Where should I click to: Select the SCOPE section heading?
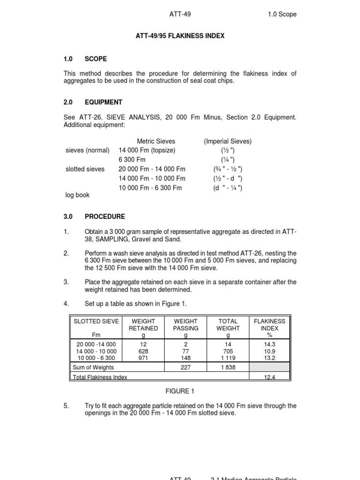(x=96, y=59)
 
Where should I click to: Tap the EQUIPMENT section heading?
(x=103, y=102)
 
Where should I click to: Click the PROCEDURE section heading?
(x=105, y=217)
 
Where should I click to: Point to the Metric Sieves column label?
(x=156, y=141)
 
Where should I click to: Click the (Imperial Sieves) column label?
(x=228, y=141)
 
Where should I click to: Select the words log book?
(x=77, y=195)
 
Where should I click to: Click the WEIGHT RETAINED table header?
(x=143, y=325)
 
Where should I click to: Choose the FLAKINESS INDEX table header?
(x=269, y=325)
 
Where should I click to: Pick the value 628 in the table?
(x=143, y=351)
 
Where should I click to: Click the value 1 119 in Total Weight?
(x=228, y=358)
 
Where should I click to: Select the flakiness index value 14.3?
(x=269, y=344)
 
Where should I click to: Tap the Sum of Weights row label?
(x=93, y=367)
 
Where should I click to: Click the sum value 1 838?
(x=228, y=367)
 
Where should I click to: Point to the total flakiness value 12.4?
(x=269, y=377)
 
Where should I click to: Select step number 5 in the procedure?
(x=66, y=406)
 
